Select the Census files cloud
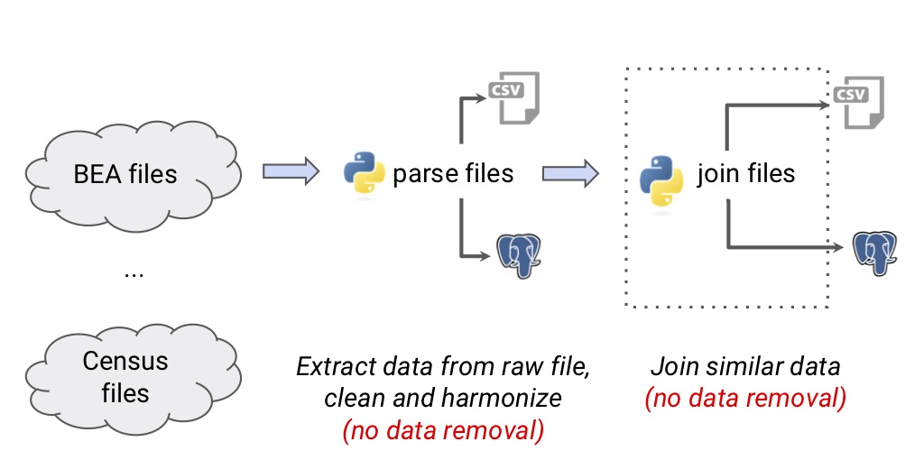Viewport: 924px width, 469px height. click(125, 377)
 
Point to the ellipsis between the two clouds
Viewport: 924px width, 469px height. click(134, 273)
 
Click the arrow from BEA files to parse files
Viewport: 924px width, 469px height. click(291, 171)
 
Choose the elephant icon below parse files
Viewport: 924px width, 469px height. click(519, 255)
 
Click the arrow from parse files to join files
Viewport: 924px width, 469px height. click(569, 171)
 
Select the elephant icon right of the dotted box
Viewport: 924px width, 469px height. click(876, 253)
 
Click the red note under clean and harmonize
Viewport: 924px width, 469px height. click(443, 431)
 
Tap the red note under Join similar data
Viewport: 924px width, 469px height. click(745, 398)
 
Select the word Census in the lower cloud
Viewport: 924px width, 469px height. click(125, 362)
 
